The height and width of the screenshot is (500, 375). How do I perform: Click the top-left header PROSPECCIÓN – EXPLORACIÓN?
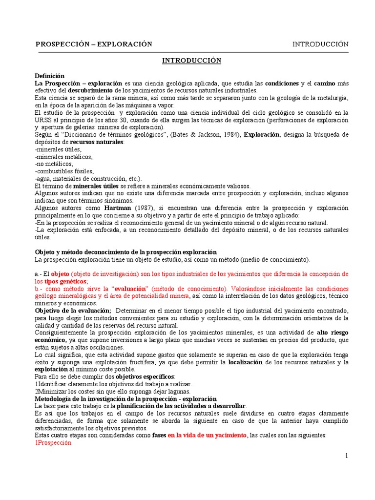click(94, 44)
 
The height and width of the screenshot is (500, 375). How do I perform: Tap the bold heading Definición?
click(50, 76)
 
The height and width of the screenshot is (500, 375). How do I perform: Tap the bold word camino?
click(323, 83)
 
